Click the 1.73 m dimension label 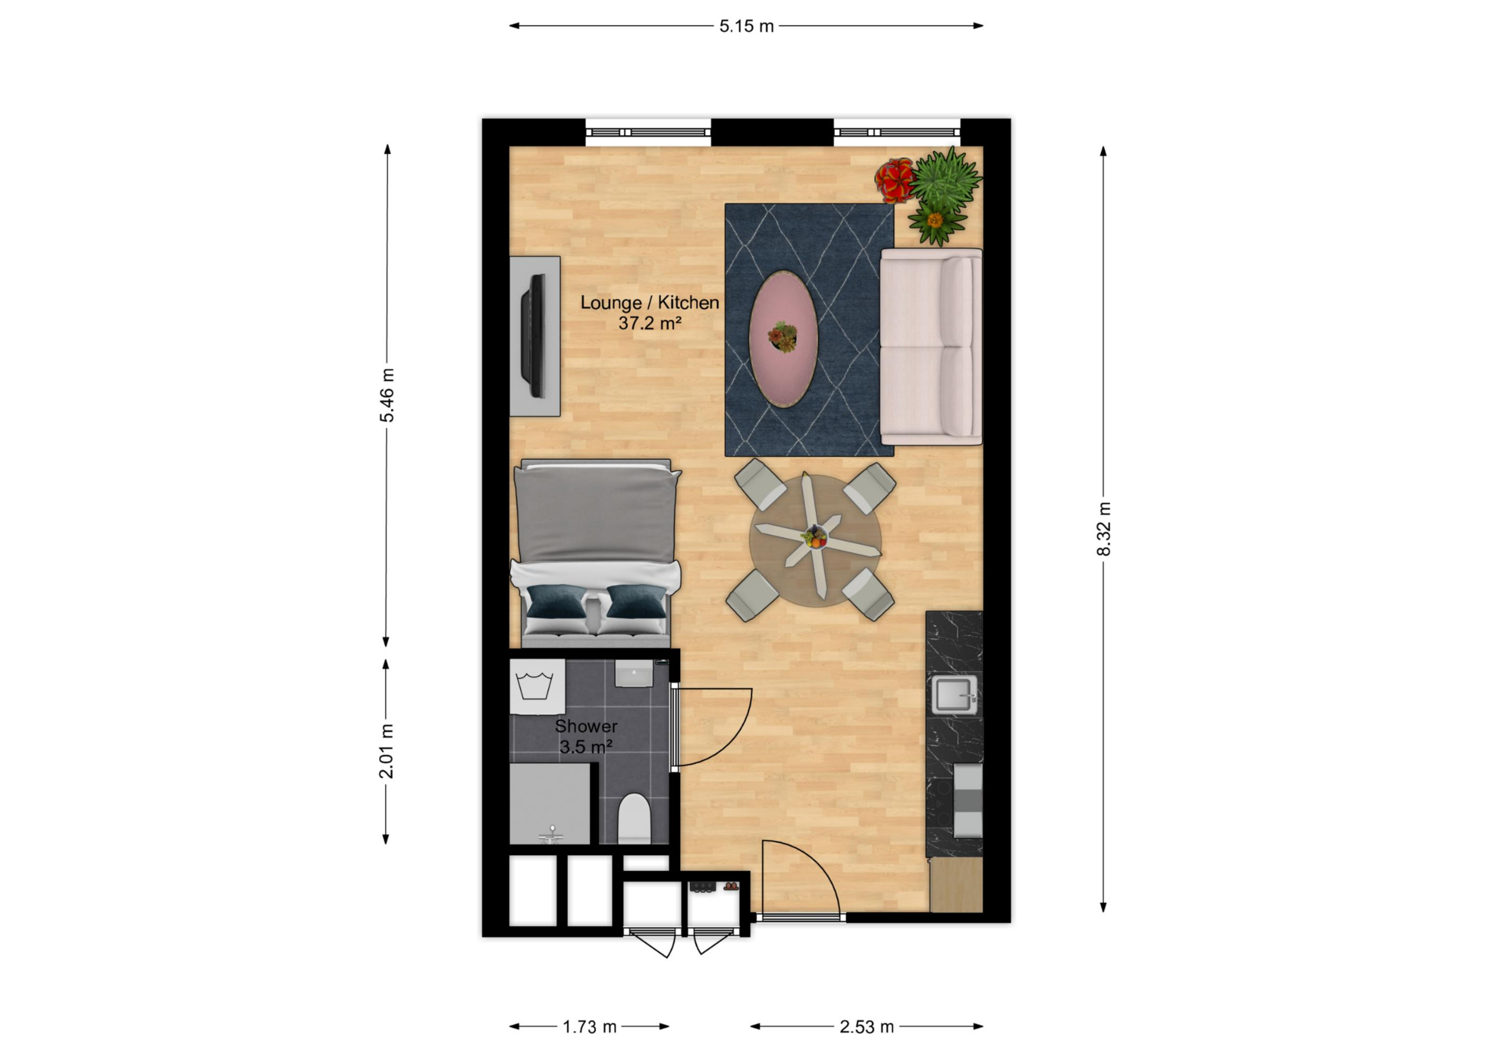[589, 1026]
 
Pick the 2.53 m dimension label [866, 1026]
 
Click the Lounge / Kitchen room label [649, 302]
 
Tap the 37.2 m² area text [649, 323]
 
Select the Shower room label [586, 726]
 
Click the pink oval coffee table [783, 339]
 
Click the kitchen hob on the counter [967, 799]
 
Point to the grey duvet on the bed [595, 514]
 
